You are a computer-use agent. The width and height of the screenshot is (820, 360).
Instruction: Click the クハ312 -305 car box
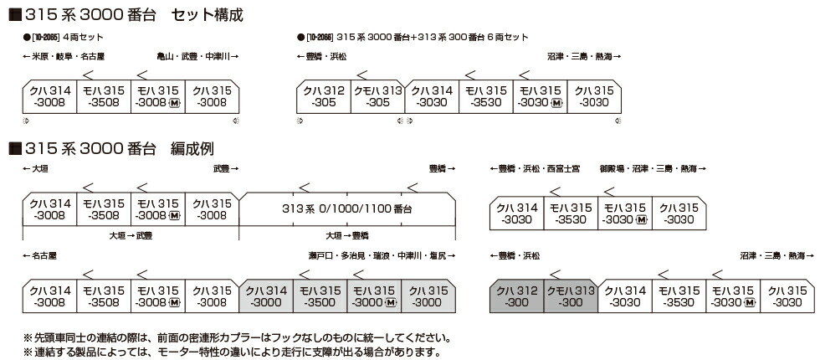coord(324,96)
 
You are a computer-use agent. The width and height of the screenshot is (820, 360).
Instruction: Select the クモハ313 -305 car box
coord(377,96)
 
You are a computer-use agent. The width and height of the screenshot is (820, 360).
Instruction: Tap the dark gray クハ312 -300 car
coord(517,296)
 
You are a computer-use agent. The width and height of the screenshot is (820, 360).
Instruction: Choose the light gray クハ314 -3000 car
coord(265,296)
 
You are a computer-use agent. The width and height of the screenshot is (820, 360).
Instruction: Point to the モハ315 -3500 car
coord(319,296)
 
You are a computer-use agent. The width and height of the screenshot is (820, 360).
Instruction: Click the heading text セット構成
coord(209,14)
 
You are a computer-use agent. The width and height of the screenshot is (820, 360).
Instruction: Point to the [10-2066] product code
coord(320,39)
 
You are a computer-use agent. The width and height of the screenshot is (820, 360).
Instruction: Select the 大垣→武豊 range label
coord(130,236)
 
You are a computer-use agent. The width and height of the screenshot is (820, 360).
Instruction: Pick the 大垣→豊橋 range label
coord(347,236)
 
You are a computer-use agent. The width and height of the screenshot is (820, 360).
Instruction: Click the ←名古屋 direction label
coord(41,255)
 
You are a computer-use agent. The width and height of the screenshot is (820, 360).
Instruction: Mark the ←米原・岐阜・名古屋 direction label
coord(64,57)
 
